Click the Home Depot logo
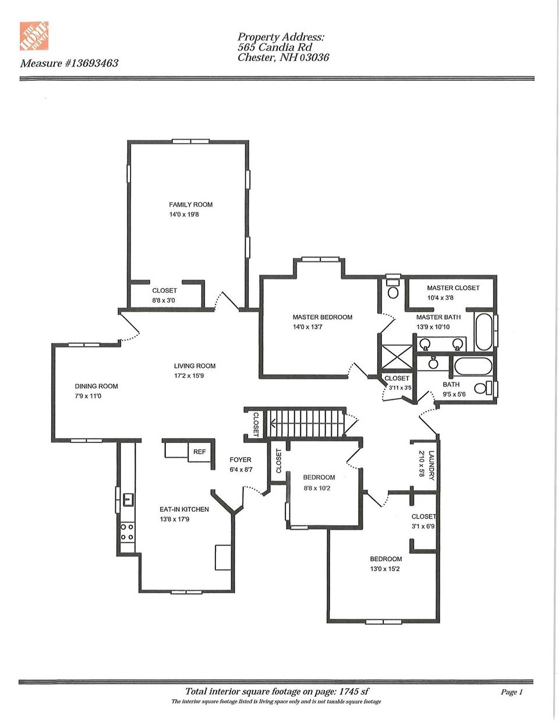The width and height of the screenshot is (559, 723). [34, 36]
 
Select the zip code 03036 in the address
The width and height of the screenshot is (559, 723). [314, 58]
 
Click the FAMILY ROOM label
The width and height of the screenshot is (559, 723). [190, 205]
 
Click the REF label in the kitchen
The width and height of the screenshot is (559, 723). [200, 452]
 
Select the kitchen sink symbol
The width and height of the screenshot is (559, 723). [128, 499]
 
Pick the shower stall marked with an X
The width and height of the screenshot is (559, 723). [396, 357]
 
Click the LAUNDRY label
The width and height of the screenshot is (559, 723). [431, 465]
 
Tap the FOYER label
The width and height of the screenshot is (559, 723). [240, 460]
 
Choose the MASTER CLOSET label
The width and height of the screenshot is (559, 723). [453, 288]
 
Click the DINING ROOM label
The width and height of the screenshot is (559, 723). [96, 387]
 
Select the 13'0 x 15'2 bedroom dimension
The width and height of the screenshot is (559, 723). [385, 569]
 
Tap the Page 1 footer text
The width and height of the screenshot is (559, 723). [512, 692]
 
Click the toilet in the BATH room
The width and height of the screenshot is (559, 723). [483, 388]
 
